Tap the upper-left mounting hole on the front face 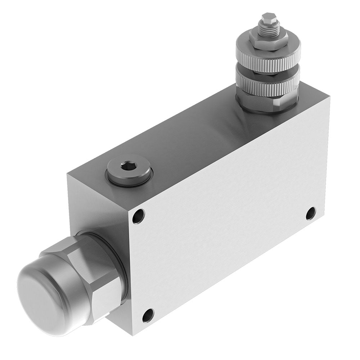tap(138, 216)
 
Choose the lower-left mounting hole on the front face tap(148, 315)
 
